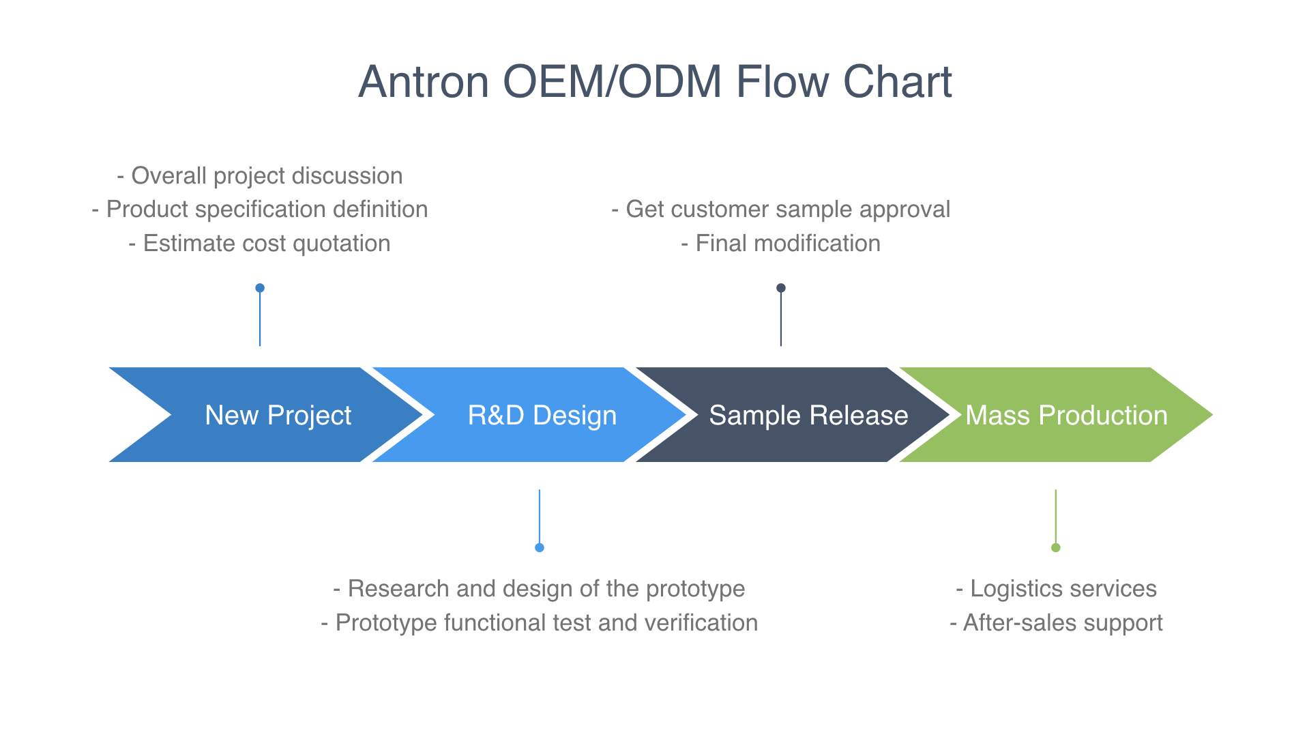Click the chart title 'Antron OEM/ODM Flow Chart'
coord(655,82)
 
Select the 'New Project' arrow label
coord(278,416)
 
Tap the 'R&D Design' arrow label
coord(542,416)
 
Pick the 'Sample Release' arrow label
coord(808,416)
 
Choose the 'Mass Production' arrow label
coord(1066,416)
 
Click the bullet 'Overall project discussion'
coord(260,176)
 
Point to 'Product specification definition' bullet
coord(260,209)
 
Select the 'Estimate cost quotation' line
coord(260,244)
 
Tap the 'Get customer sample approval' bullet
coord(781,209)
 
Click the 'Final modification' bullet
coord(781,244)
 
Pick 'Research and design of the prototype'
coord(539,589)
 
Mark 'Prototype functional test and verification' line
coord(539,623)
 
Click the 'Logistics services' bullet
coord(1056,589)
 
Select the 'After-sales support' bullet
coord(1056,623)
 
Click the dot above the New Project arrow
coord(260,288)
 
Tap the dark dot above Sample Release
coord(781,288)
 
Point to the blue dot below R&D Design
coord(540,547)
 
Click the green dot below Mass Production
coord(1056,547)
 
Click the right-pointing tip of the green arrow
coord(1212,415)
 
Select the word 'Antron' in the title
coord(424,82)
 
